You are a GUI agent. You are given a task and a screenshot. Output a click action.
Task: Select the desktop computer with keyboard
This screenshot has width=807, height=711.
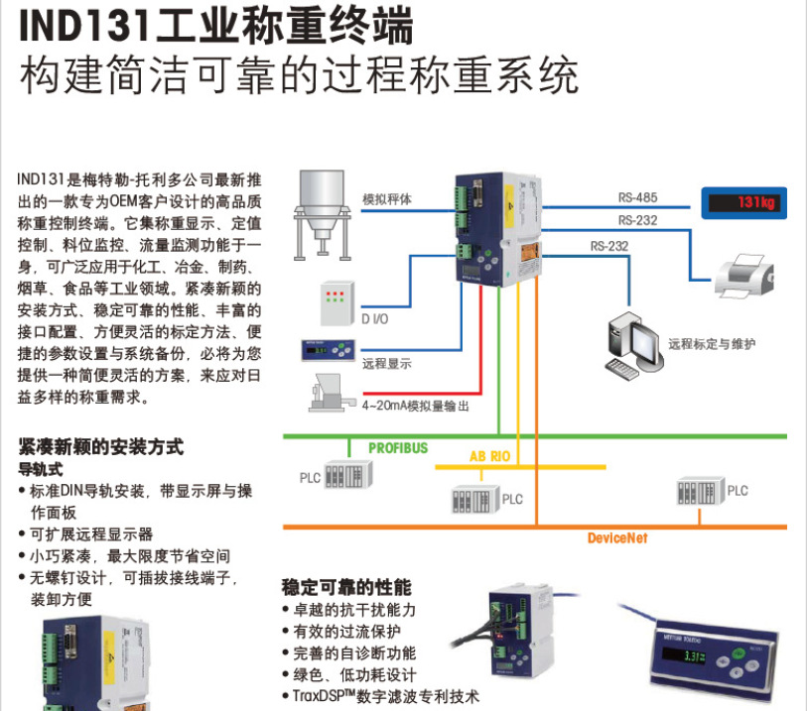[x=632, y=346]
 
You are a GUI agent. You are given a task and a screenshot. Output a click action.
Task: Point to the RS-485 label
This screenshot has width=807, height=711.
[x=637, y=197]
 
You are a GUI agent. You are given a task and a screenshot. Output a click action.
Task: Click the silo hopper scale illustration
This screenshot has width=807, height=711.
[x=326, y=212]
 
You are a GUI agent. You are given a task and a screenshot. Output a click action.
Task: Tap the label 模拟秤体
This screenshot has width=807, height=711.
[x=386, y=198]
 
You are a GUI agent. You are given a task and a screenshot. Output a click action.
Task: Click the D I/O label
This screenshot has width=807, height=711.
[x=375, y=319]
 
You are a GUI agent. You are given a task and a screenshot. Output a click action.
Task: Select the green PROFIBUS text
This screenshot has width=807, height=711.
[x=398, y=448]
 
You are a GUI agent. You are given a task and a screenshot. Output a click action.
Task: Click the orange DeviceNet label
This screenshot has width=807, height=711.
[x=616, y=537]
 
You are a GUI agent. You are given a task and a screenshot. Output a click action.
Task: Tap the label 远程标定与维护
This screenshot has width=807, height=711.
[x=712, y=344]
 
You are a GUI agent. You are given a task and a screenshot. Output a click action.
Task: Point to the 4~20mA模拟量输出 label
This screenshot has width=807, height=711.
[x=415, y=406]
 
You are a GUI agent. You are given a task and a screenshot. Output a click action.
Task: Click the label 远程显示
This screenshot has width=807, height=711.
[x=386, y=364]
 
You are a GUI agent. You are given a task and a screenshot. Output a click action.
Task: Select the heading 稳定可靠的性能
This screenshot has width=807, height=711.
[x=346, y=587]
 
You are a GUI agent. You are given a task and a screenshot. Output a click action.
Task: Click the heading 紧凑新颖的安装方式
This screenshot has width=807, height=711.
[x=101, y=447]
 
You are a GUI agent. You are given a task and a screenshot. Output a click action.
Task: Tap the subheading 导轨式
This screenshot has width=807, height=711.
[x=41, y=467]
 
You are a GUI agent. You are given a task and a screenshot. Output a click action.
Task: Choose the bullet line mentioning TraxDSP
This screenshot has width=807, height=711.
[x=383, y=695]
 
